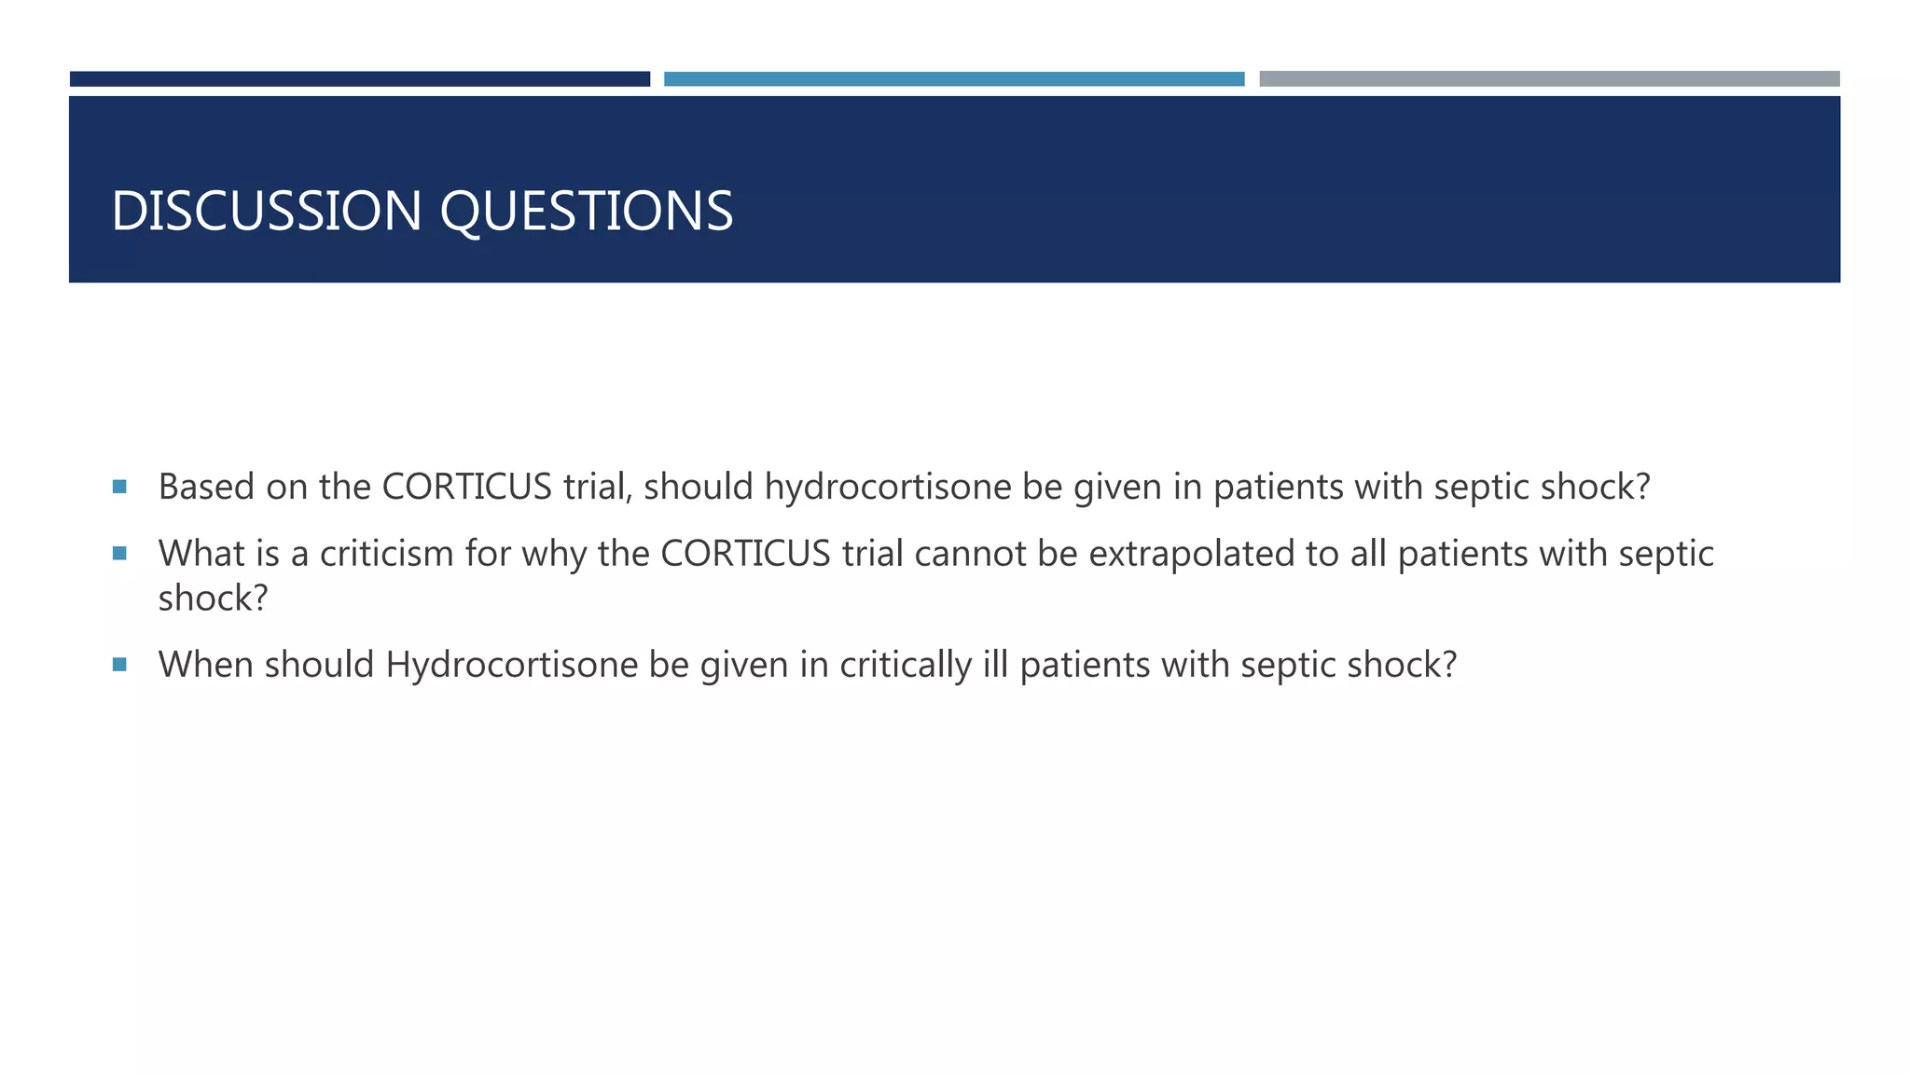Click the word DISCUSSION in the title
(267, 211)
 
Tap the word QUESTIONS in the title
(586, 211)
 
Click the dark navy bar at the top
(360, 79)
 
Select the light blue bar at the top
(954, 79)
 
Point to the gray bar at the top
(1549, 79)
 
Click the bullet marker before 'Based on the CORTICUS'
(119, 487)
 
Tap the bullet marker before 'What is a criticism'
(119, 554)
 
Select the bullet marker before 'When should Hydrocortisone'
(119, 665)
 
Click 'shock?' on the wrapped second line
(213, 599)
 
